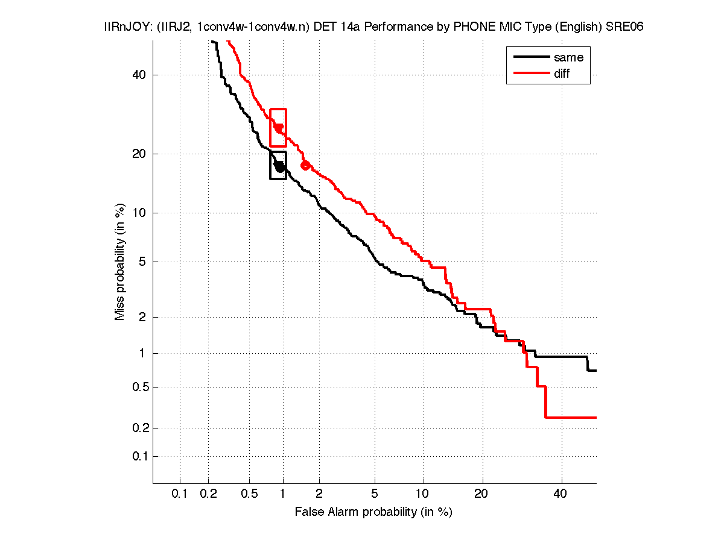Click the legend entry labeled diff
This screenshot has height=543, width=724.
coord(561,74)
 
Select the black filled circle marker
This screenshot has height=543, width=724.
coord(280,167)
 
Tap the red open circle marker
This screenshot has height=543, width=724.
coord(305,165)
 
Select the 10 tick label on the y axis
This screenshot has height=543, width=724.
coord(139,213)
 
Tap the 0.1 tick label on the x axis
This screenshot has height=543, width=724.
coord(180,494)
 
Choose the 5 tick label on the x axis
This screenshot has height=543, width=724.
coord(375,494)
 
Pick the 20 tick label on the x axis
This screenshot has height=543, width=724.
coord(481,494)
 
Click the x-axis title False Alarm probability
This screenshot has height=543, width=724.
coord(373,512)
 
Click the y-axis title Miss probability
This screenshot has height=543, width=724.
coord(120,262)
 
